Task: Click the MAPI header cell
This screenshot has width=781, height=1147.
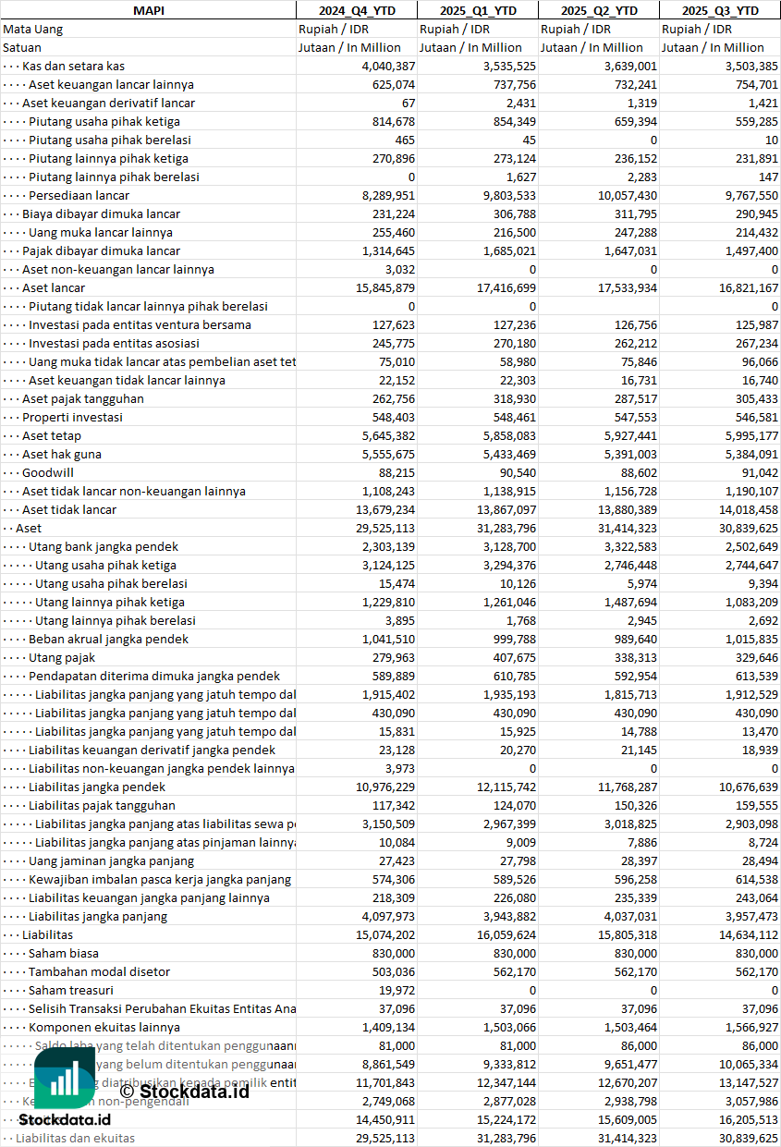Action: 148,10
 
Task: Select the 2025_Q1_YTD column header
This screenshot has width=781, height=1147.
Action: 478,10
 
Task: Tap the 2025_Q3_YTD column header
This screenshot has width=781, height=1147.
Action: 720,10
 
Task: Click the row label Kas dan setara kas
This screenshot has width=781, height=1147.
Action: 73,66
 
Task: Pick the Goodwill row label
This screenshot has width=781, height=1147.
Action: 48,472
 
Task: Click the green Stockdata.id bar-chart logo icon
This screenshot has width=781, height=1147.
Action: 66,1079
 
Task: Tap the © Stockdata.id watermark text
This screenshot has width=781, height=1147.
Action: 184,1091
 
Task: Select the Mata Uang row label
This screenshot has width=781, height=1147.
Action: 33,29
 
